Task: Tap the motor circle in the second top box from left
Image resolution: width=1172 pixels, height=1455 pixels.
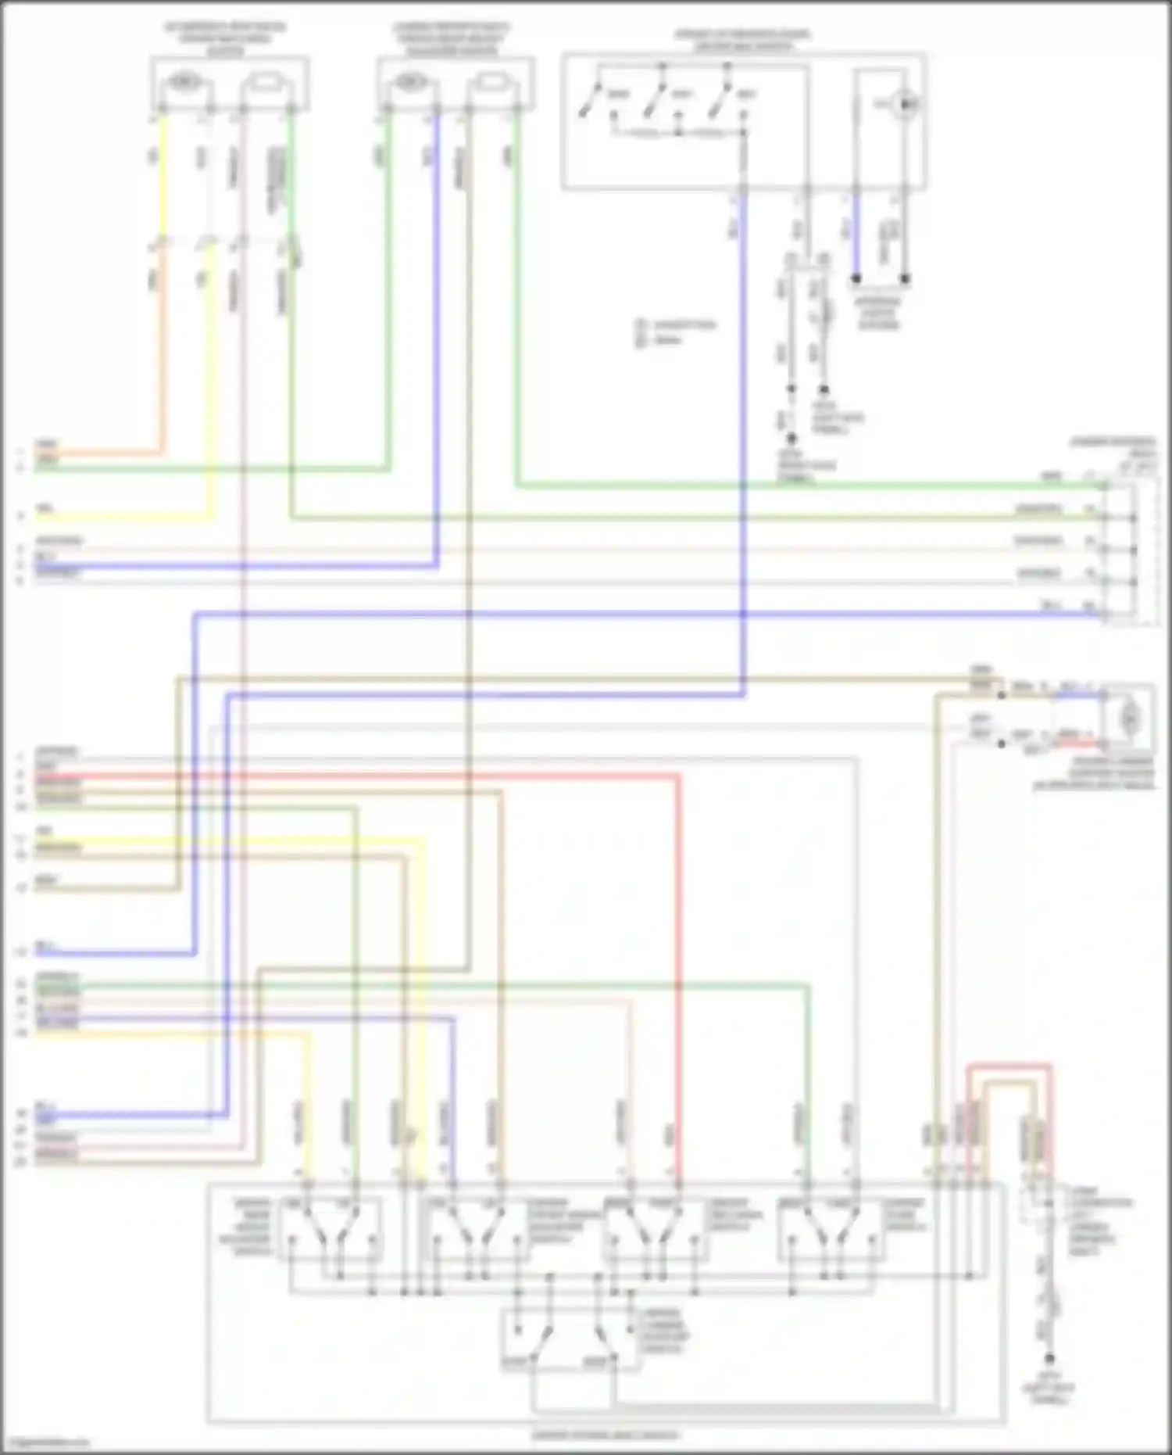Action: (x=409, y=81)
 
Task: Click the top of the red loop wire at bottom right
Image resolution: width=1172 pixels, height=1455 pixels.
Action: (x=1008, y=1065)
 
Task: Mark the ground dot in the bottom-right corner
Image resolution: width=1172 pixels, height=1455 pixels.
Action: (x=1049, y=1359)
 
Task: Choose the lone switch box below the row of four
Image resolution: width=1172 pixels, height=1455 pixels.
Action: (x=571, y=1339)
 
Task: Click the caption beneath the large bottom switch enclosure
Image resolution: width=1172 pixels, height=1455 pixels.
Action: (x=606, y=1435)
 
